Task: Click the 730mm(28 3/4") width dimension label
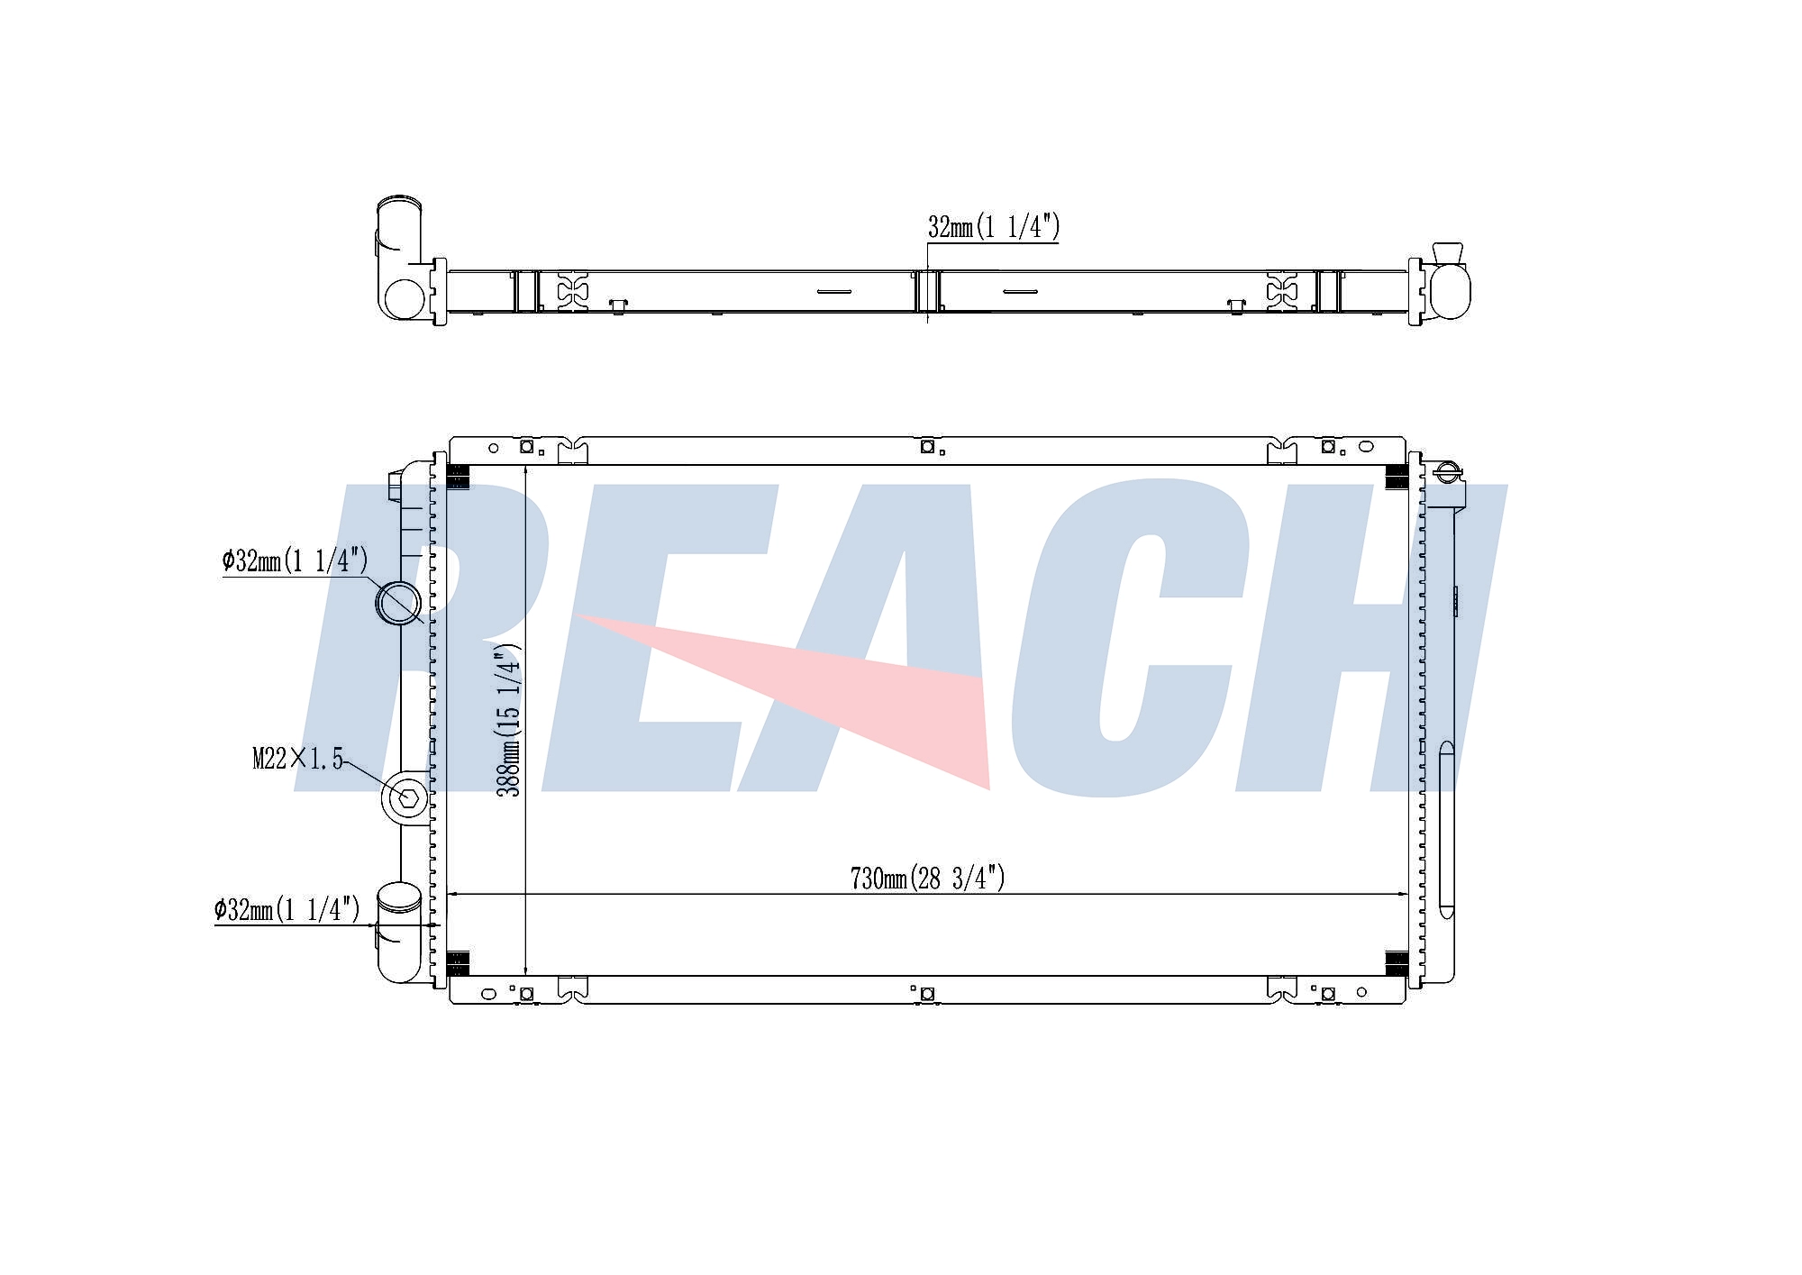[927, 878]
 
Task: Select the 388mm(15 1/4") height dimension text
[510, 720]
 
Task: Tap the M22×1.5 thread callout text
[298, 760]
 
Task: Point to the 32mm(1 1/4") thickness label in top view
[994, 227]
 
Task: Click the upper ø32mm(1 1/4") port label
[295, 560]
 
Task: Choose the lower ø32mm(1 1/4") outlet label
[287, 909]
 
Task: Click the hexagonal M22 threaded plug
[408, 797]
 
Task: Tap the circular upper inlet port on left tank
[398, 604]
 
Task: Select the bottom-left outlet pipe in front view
[398, 932]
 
